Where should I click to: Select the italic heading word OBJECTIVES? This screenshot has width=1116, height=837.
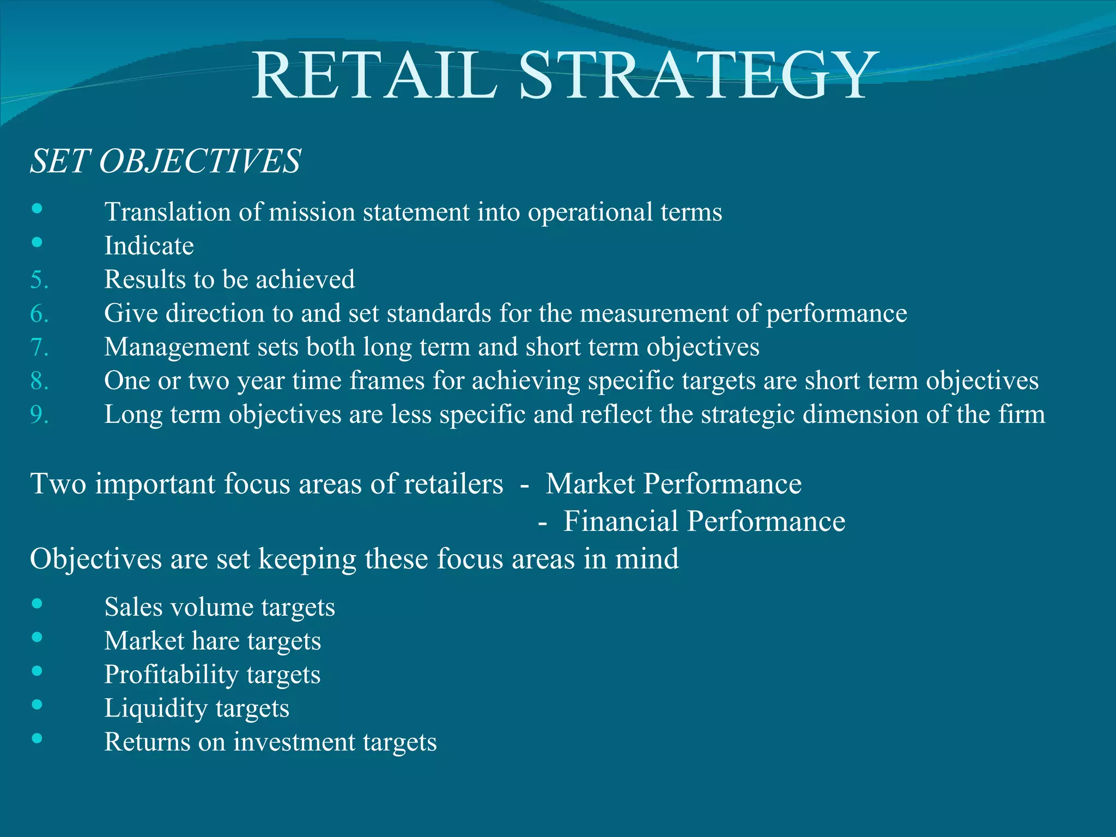pos(199,161)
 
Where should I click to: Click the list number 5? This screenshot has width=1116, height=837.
pos(39,280)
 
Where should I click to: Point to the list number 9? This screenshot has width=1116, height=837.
pos(39,415)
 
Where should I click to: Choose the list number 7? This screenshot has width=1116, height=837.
pos(39,347)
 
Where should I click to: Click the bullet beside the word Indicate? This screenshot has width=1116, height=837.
pos(37,242)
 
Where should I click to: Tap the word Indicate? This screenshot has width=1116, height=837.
pos(149,246)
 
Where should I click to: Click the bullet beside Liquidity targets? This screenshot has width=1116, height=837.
pos(37,705)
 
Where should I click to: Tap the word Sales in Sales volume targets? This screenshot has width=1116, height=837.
pos(134,607)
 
